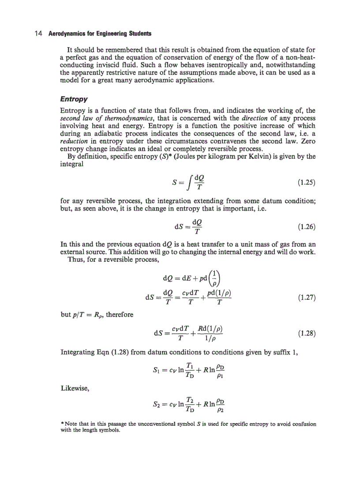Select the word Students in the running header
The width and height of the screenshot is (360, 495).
[139, 33]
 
